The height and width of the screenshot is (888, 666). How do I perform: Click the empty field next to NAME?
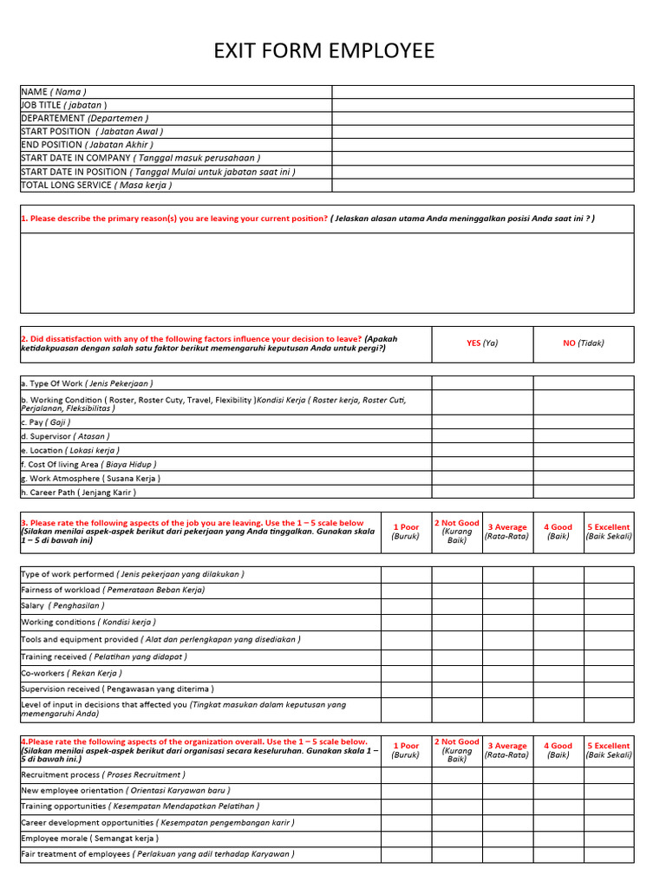(482, 92)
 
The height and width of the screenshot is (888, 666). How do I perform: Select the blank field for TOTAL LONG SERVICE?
(482, 186)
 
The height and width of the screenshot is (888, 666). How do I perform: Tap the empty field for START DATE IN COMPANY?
(482, 159)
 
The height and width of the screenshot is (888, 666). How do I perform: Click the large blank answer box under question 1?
(327, 273)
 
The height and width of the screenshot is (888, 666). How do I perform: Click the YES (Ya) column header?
(482, 343)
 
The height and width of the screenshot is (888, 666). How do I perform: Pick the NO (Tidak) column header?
(583, 343)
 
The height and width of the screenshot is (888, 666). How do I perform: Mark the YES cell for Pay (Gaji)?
(482, 422)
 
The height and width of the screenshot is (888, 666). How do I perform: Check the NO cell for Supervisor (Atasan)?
(583, 436)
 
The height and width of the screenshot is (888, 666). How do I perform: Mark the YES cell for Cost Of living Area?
(482, 465)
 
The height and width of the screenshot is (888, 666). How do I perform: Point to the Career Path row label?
(79, 493)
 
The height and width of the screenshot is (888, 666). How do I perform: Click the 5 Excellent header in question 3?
(608, 532)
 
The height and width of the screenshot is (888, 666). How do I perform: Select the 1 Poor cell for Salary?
(406, 606)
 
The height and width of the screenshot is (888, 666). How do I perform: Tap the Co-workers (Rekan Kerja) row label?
(72, 673)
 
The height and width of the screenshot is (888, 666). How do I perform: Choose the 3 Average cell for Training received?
(507, 657)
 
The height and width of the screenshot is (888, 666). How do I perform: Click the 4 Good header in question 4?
(558, 750)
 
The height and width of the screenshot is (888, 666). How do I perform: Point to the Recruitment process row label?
(102, 775)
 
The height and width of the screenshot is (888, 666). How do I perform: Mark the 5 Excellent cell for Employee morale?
(608, 839)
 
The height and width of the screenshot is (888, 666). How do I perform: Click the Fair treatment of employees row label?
(157, 854)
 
